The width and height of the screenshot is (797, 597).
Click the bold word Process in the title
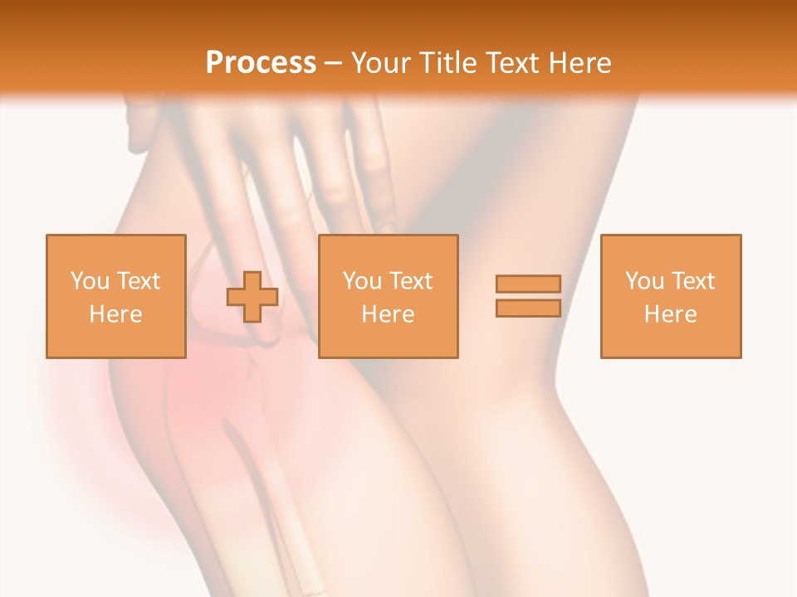tap(261, 63)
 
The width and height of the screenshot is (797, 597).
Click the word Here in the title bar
tap(582, 63)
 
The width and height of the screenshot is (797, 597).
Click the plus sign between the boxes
tap(252, 297)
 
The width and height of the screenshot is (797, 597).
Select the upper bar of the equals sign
tap(528, 284)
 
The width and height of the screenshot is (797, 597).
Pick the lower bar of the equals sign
tap(528, 308)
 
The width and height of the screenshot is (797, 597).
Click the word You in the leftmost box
tap(90, 281)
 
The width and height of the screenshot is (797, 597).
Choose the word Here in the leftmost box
tap(115, 314)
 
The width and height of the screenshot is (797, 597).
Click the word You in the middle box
tap(362, 281)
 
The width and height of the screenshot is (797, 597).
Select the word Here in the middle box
tap(388, 314)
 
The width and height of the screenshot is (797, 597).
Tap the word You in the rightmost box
tap(644, 281)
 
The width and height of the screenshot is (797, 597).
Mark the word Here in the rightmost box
tap(670, 314)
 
